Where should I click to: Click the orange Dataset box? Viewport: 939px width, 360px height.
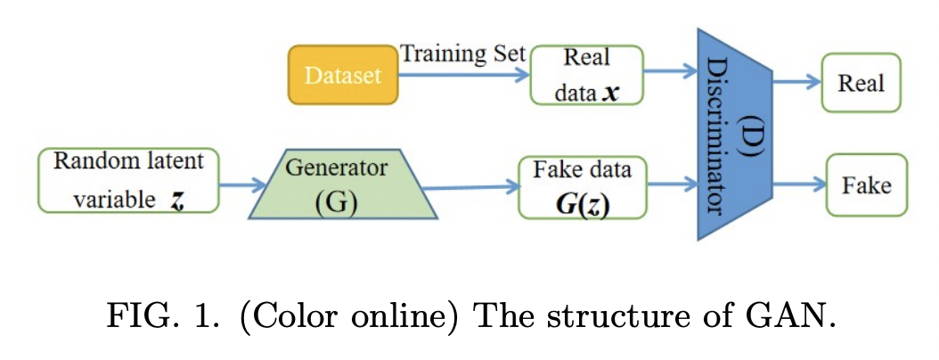[x=342, y=75]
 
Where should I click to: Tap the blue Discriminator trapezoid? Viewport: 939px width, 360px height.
[x=736, y=134]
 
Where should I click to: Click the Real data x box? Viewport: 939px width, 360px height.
[x=585, y=75]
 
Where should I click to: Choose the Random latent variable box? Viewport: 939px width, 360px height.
[x=128, y=181]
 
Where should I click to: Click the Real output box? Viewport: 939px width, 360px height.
[x=861, y=83]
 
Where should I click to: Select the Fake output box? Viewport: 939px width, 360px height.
[x=866, y=185]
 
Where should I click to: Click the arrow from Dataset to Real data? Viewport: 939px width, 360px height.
[x=463, y=76]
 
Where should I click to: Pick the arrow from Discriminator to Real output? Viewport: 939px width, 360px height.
[x=796, y=81]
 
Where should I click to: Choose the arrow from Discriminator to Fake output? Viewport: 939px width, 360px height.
[x=799, y=185]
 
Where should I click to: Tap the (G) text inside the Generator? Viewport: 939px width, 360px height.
[x=336, y=201]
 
